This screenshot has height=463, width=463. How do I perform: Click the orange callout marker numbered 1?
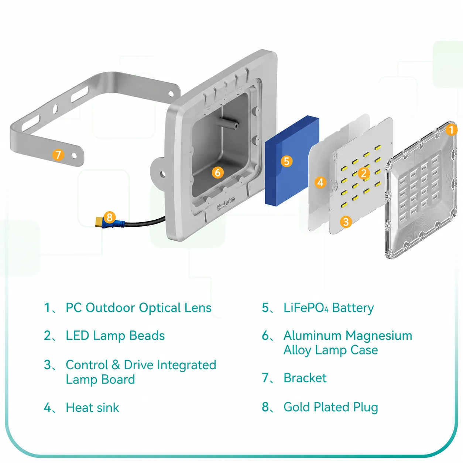(451, 130)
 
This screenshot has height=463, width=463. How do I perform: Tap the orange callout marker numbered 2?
(364, 173)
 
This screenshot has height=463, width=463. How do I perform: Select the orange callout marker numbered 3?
(346, 222)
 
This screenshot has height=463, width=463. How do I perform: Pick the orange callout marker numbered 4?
(320, 182)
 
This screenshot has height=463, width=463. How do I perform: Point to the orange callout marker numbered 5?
(287, 161)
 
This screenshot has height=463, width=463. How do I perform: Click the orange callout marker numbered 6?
(218, 172)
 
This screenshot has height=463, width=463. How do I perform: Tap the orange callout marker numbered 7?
(58, 155)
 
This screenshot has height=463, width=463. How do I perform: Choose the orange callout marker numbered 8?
(110, 217)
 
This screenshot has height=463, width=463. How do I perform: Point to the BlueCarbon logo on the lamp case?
(226, 203)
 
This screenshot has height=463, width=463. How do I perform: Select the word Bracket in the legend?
(305, 377)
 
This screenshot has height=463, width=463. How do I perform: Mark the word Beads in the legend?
(147, 335)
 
